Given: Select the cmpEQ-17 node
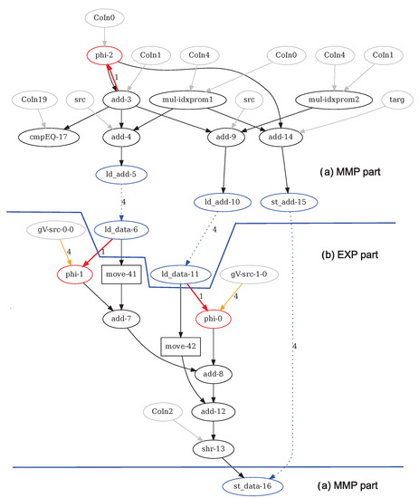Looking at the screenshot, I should [52, 138].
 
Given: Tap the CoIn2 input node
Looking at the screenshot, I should [163, 412].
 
